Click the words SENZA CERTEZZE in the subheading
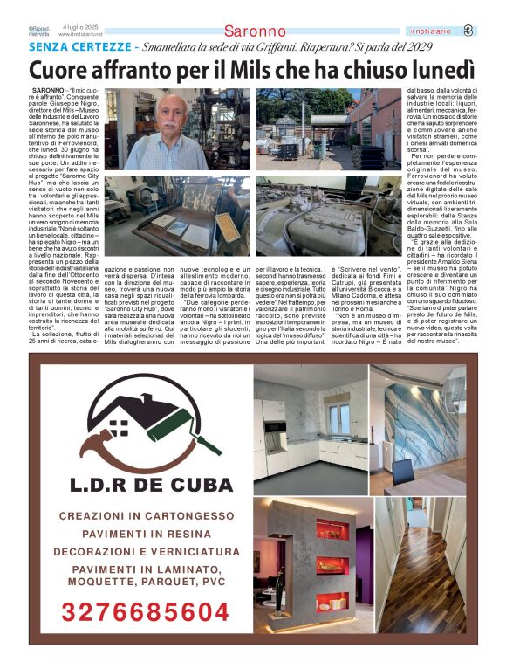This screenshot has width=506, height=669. [x=79, y=45]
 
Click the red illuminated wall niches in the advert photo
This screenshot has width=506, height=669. [x=332, y=568]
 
